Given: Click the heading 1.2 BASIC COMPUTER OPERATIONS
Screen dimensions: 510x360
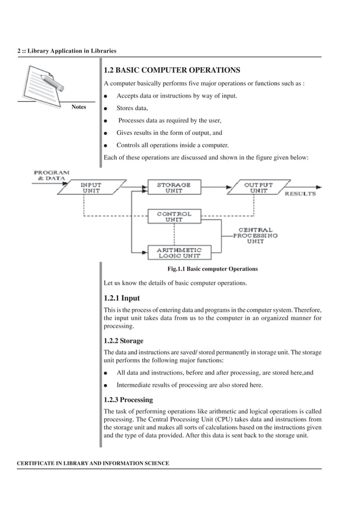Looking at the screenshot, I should pyautogui.click(x=172, y=71).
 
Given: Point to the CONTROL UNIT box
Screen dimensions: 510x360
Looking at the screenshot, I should pyautogui.click(x=174, y=217).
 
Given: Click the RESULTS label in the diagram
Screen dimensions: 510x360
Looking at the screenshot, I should pyautogui.click(x=300, y=194).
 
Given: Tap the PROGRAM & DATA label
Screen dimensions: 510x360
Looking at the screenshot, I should pyautogui.click(x=51, y=175).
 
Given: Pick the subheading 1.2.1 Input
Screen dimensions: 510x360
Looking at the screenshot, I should pyautogui.click(x=122, y=298).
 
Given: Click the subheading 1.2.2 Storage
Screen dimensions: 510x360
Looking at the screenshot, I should pyautogui.click(x=124, y=341).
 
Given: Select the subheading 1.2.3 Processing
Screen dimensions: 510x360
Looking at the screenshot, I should pyautogui.click(x=128, y=399).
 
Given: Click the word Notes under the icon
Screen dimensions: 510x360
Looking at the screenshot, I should pyautogui.click(x=79, y=107).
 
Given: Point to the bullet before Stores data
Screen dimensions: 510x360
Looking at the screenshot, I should pyautogui.click(x=106, y=108).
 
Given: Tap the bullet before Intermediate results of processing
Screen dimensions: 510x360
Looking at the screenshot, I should pyautogui.click(x=106, y=386).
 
